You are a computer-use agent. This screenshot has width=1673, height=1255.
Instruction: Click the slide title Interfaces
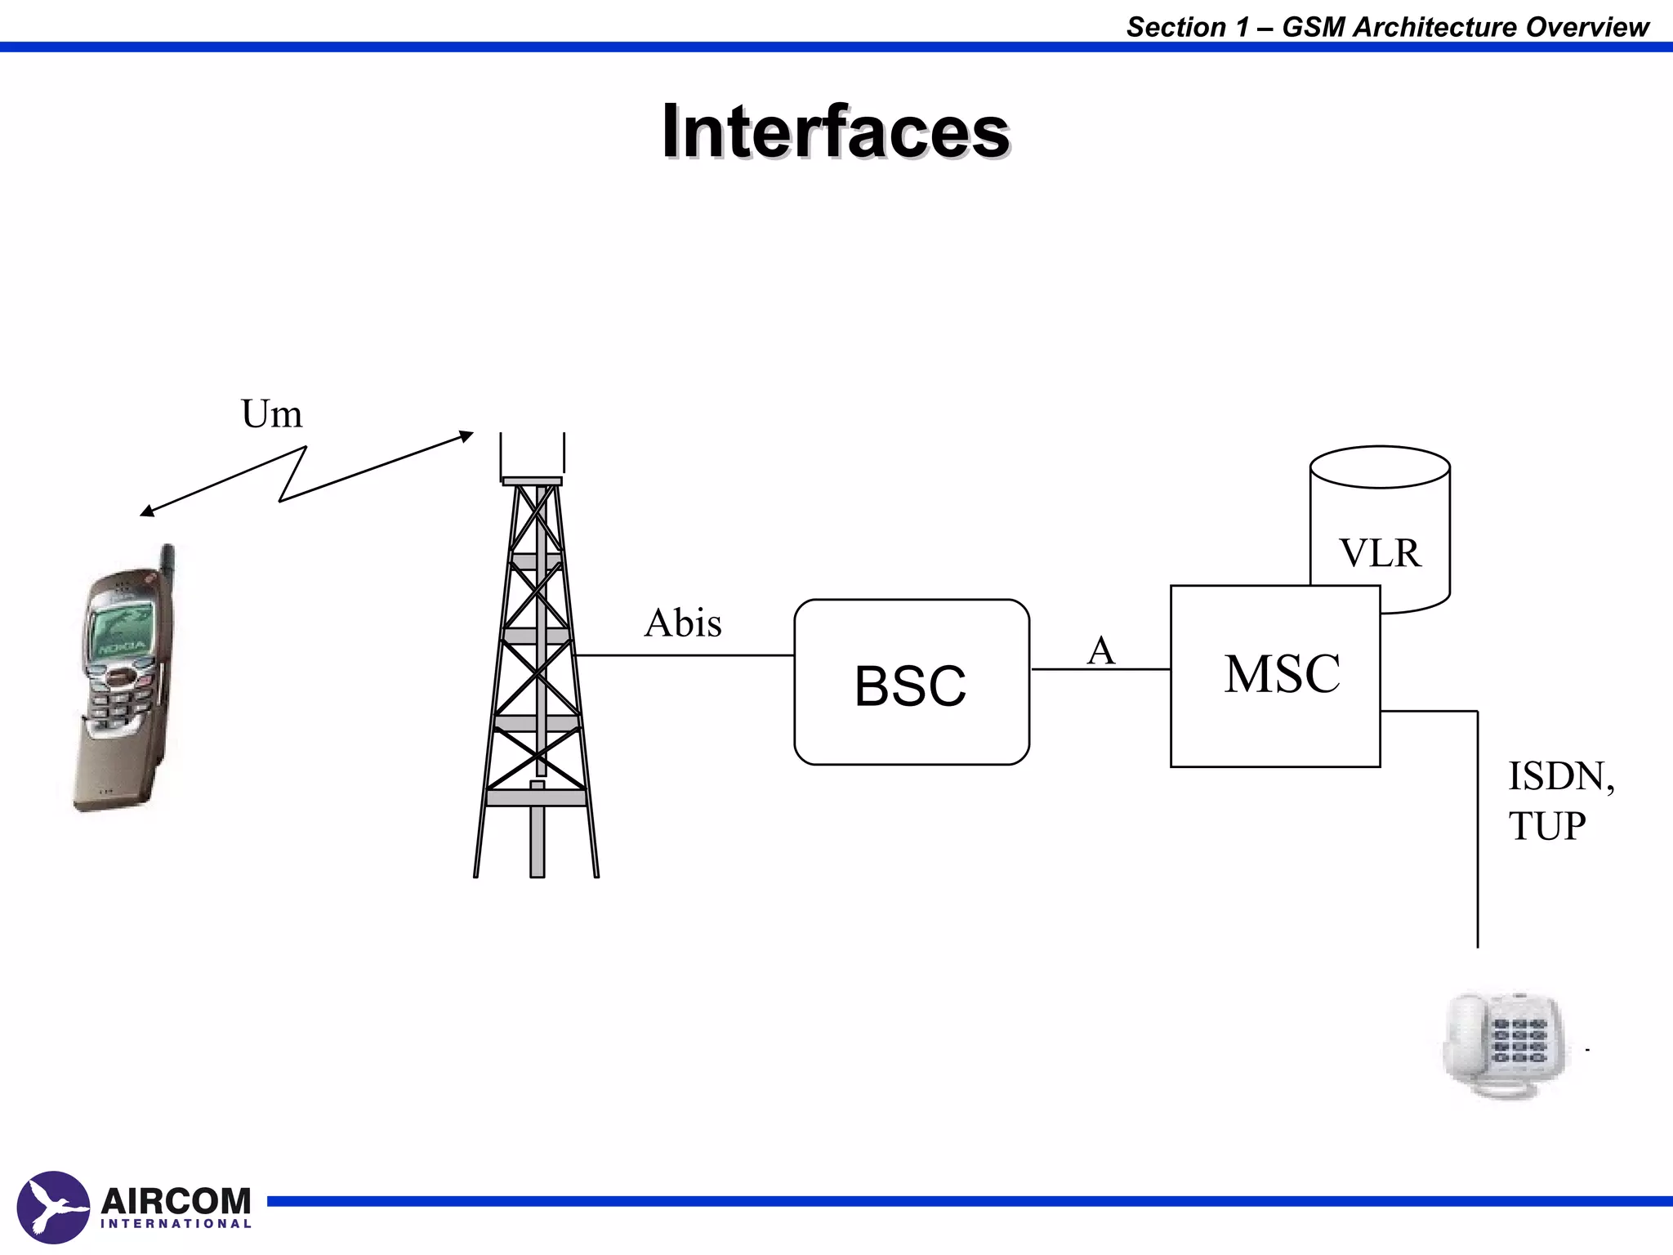click(x=836, y=132)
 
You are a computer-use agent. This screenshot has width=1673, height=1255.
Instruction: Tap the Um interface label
click(x=271, y=414)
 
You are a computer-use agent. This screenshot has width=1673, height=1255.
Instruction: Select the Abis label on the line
click(x=683, y=623)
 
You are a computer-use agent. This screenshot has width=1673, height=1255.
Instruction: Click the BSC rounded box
click(x=911, y=683)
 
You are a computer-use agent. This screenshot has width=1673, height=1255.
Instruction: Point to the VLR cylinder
click(x=1380, y=523)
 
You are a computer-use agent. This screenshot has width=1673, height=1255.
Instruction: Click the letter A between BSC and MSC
click(x=1100, y=651)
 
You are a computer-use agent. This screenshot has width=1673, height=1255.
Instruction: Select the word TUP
click(x=1546, y=826)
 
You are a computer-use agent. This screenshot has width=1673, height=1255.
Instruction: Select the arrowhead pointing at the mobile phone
click(x=146, y=511)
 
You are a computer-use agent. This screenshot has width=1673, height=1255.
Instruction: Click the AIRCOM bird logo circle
click(x=53, y=1208)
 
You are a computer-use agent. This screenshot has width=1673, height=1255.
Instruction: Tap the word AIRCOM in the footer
click(x=176, y=1201)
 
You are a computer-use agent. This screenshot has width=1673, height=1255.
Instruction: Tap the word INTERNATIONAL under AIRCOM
click(x=176, y=1224)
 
